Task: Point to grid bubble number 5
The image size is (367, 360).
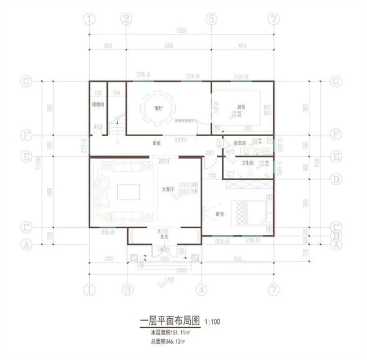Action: pos(211,19)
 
